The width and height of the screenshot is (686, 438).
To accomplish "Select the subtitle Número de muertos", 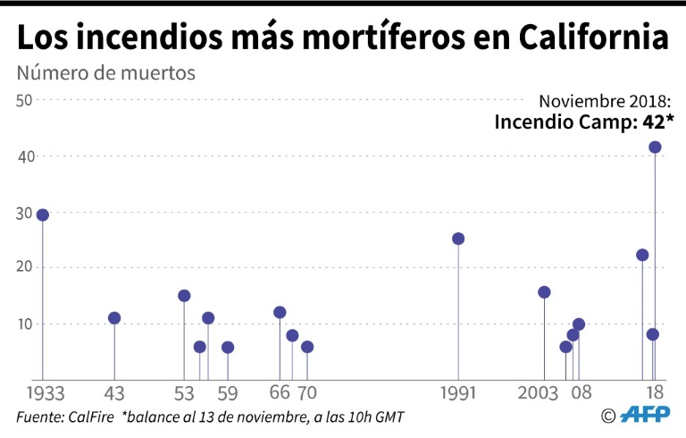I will pyautogui.click(x=105, y=72).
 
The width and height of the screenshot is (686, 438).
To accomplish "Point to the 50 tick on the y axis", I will pyautogui.click(x=24, y=100).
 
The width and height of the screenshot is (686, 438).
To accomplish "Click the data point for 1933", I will pyautogui.click(x=42, y=215).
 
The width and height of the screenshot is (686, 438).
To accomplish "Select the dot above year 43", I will pyautogui.click(x=114, y=318).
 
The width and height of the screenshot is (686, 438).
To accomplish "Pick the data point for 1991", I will pyautogui.click(x=458, y=239).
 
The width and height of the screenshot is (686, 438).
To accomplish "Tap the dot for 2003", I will pyautogui.click(x=544, y=292).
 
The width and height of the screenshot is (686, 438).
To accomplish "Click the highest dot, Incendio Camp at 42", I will pyautogui.click(x=655, y=147).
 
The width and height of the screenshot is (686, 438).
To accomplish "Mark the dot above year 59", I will pyautogui.click(x=228, y=347).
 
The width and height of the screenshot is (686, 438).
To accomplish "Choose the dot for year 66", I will pyautogui.click(x=280, y=313).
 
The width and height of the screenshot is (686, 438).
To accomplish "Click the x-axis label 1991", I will pyautogui.click(x=458, y=393).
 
